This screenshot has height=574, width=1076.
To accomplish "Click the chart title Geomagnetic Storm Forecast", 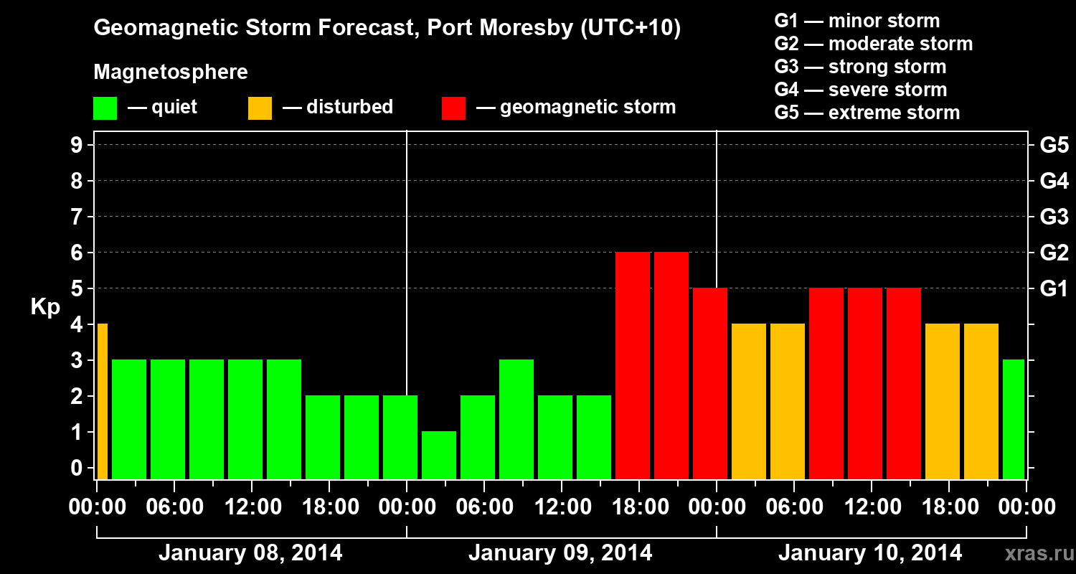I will click(x=387, y=29).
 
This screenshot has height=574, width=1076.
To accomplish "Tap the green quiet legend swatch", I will click(x=105, y=108).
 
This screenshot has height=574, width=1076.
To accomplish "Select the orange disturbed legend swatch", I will click(x=260, y=108).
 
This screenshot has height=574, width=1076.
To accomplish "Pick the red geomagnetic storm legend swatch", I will click(x=453, y=108).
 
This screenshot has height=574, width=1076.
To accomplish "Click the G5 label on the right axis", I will click(x=1054, y=146).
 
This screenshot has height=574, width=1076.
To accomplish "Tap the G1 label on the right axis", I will click(x=1054, y=289).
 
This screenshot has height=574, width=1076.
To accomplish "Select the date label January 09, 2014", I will click(x=560, y=553).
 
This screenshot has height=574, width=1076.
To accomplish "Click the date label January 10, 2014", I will click(x=870, y=553).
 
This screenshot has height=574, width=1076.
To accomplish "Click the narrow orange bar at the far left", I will click(x=102, y=402).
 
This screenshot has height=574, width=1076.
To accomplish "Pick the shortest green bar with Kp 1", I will click(x=439, y=456).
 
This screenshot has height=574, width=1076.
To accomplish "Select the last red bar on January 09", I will click(x=710, y=384).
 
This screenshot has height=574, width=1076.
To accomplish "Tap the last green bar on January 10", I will click(x=1014, y=420).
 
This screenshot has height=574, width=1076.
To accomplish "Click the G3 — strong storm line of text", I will click(x=860, y=67).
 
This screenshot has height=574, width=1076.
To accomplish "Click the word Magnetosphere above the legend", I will click(x=171, y=72).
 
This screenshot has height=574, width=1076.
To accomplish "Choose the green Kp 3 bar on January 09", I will click(x=516, y=420).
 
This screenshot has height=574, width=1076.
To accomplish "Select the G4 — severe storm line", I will click(x=861, y=90).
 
